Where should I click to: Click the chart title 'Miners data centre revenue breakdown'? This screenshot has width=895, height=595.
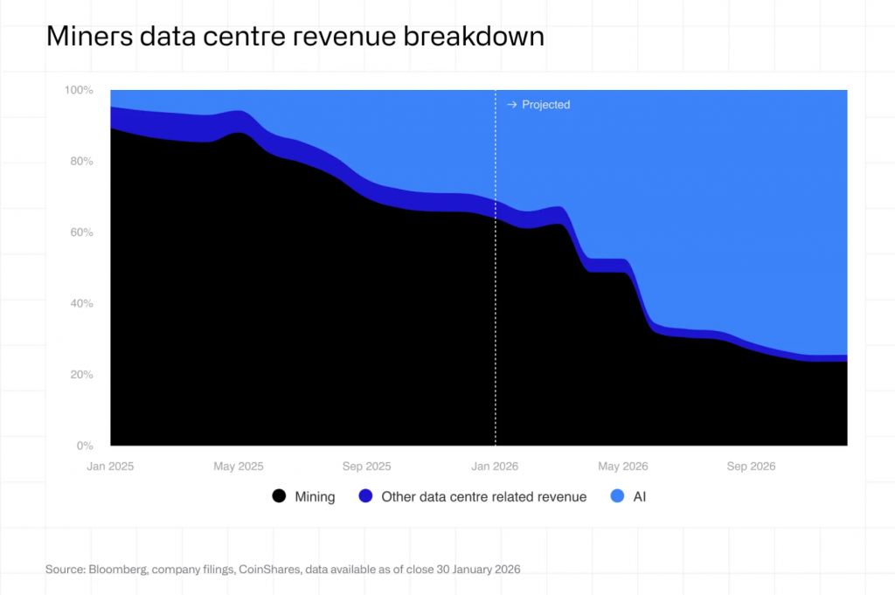[x=295, y=37]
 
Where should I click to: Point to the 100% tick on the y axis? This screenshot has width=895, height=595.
[x=79, y=90]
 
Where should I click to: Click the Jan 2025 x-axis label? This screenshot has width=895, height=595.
[x=111, y=467]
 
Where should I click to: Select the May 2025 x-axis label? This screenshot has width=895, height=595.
[x=239, y=467]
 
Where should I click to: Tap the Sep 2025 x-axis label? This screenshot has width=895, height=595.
[x=366, y=467]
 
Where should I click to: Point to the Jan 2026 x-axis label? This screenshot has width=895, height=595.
[x=495, y=467]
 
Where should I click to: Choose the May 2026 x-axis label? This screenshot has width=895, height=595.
[x=622, y=467]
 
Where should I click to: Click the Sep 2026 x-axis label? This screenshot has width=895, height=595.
[x=751, y=467]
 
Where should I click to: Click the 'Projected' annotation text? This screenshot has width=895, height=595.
[x=545, y=105]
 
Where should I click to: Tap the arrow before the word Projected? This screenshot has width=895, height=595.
[x=511, y=105]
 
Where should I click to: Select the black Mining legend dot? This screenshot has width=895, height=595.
[x=279, y=496]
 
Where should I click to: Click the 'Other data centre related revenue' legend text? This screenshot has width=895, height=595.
[x=484, y=496]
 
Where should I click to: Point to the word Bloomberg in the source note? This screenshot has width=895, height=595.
[x=118, y=570]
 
